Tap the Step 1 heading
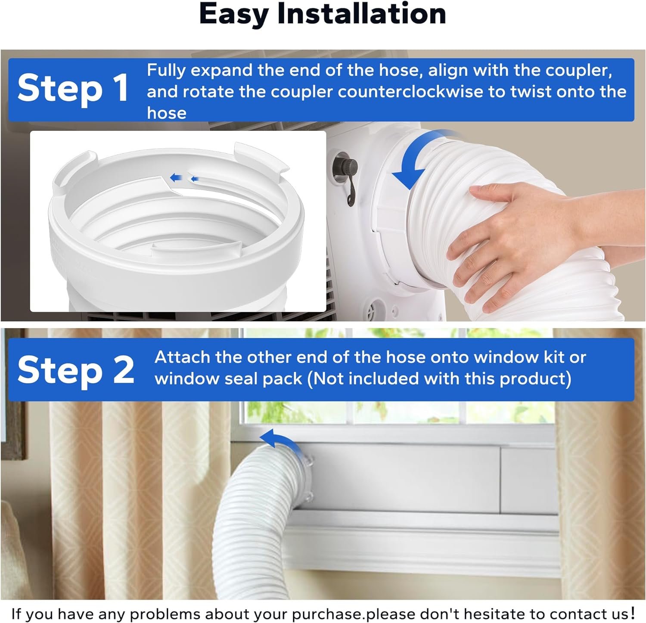(73, 89)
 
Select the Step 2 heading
(76, 370)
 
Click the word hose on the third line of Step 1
(167, 113)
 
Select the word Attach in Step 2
(182, 357)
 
